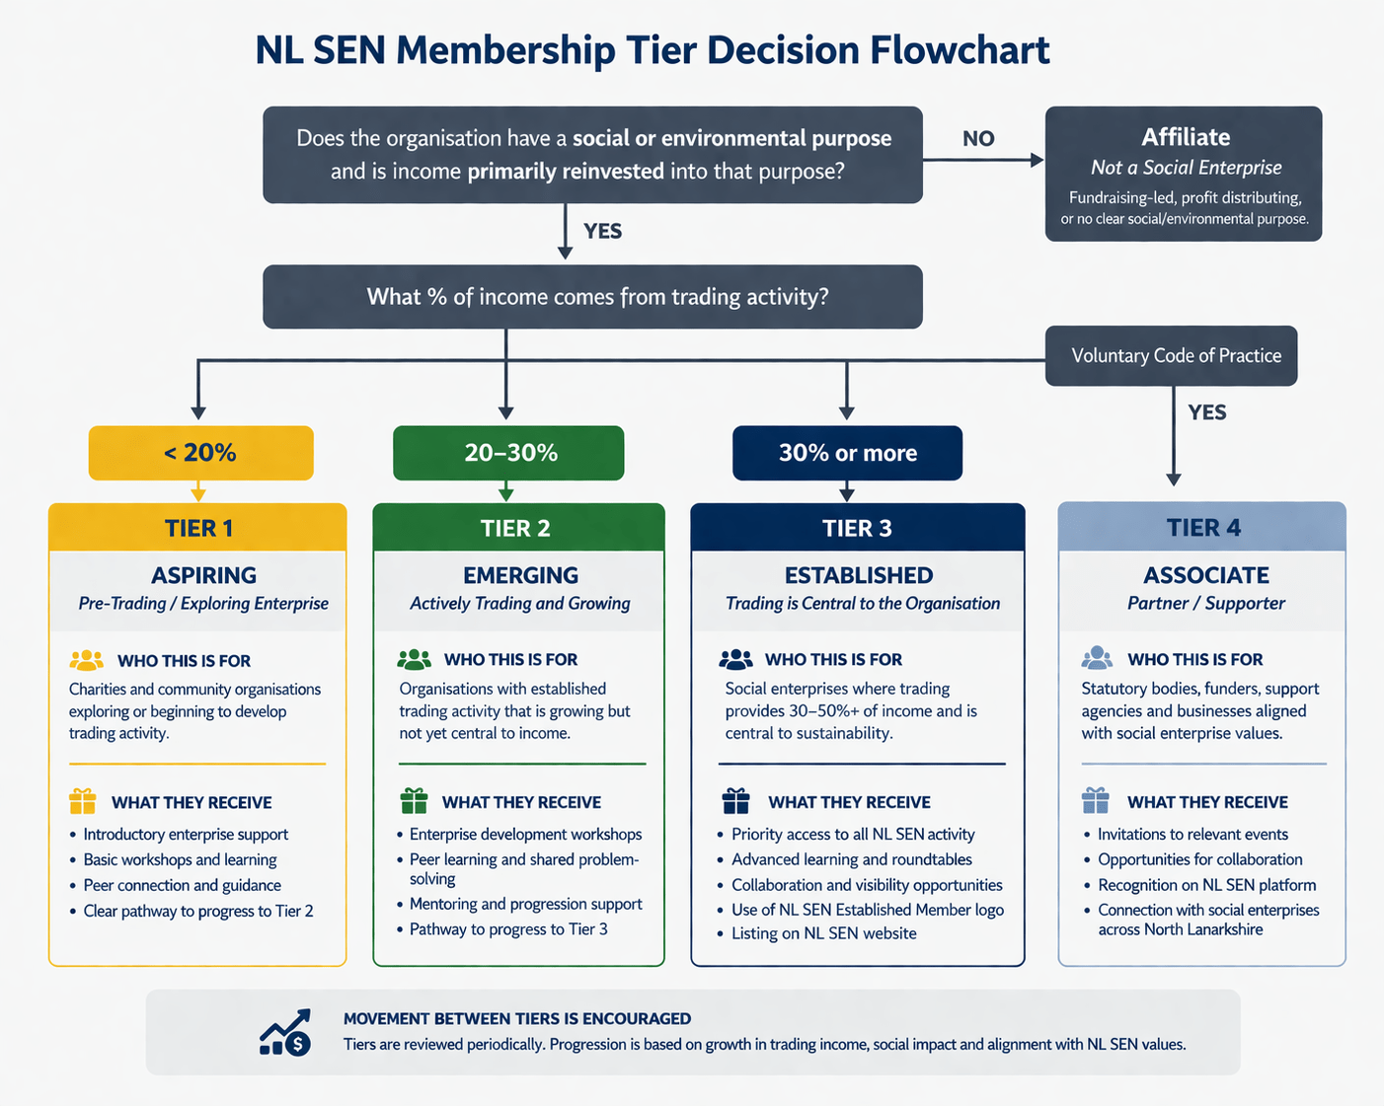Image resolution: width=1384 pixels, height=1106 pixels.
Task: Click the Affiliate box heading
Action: pyautogui.click(x=1185, y=137)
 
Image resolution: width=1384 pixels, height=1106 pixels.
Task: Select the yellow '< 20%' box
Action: pyautogui.click(x=200, y=453)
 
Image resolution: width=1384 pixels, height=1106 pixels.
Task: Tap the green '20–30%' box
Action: pyautogui.click(x=509, y=453)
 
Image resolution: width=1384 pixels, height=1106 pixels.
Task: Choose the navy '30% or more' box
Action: pyautogui.click(x=847, y=453)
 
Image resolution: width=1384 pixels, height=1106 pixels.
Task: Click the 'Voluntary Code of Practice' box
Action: pyautogui.click(x=1176, y=356)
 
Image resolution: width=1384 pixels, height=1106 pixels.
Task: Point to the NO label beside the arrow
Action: pyautogui.click(x=978, y=139)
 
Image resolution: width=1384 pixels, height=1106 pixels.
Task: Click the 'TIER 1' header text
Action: pyautogui.click(x=198, y=528)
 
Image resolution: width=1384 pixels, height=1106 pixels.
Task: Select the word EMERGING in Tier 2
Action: pyautogui.click(x=520, y=575)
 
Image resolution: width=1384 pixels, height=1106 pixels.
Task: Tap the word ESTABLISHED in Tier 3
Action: pyautogui.click(x=858, y=575)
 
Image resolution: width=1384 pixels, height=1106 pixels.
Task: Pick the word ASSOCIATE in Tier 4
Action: pyautogui.click(x=1205, y=575)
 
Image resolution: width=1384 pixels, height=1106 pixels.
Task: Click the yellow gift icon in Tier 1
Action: pyautogui.click(x=83, y=800)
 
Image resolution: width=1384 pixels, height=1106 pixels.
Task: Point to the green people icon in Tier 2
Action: pyautogui.click(x=414, y=659)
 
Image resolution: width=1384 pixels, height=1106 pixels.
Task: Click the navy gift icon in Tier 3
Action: pyautogui.click(x=736, y=800)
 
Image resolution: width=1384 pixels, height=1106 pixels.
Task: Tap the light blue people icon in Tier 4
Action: pyautogui.click(x=1097, y=658)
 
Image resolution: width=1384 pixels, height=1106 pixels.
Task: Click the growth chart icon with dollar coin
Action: pyautogui.click(x=285, y=1032)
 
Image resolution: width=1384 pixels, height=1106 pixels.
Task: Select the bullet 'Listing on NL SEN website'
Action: pyautogui.click(x=823, y=933)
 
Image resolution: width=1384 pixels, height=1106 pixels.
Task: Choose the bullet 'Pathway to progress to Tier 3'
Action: pyautogui.click(x=508, y=929)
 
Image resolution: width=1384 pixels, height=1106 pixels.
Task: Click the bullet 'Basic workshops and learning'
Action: pyautogui.click(x=180, y=859)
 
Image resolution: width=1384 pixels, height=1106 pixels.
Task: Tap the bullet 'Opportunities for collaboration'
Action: pyautogui.click(x=1199, y=859)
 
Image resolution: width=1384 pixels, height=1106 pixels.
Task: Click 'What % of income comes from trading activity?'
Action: pyautogui.click(x=597, y=297)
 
